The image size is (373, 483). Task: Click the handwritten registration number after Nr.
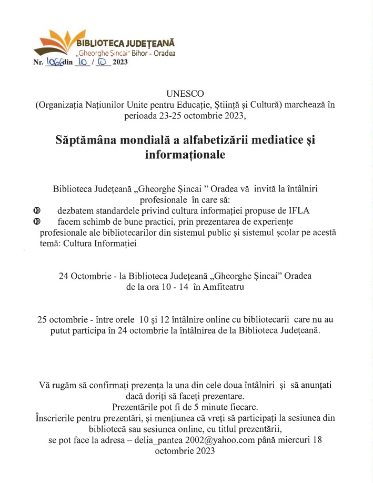click(55, 62)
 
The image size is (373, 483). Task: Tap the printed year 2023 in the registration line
click(120, 62)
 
